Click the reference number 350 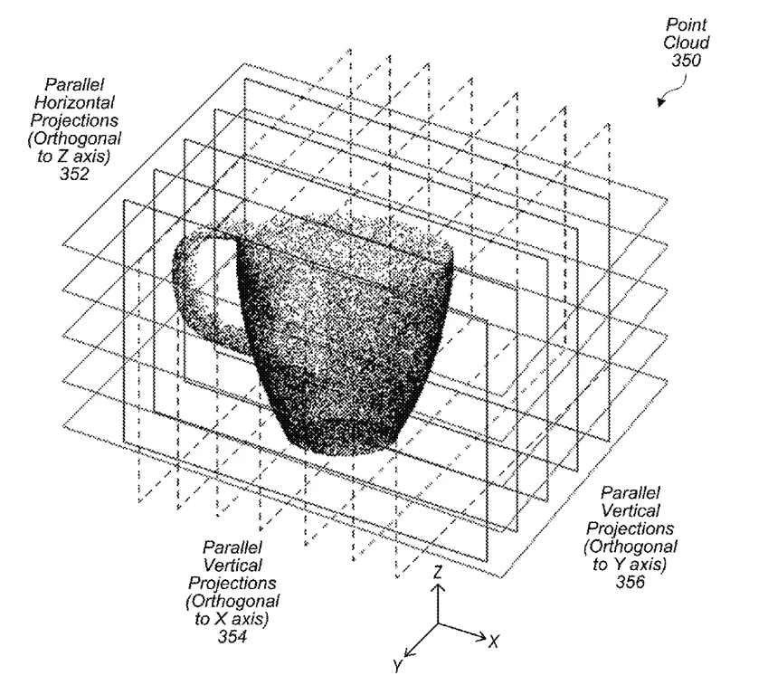[x=687, y=61]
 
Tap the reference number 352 [x=74, y=174]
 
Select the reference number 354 [x=232, y=636]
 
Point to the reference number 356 [x=630, y=582]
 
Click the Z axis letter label [x=438, y=572]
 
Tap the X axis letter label [x=494, y=642]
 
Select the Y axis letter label [x=398, y=666]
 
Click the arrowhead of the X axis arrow [x=481, y=637]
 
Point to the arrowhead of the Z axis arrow [x=438, y=587]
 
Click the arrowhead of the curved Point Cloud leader [x=661, y=102]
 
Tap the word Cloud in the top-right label [x=687, y=43]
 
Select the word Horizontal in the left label [x=74, y=102]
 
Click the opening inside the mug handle [x=214, y=281]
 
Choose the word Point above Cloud [x=687, y=24]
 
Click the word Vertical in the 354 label [x=232, y=565]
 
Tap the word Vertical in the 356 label [x=631, y=510]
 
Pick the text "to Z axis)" [x=74, y=157]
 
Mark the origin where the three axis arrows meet [x=438, y=623]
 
